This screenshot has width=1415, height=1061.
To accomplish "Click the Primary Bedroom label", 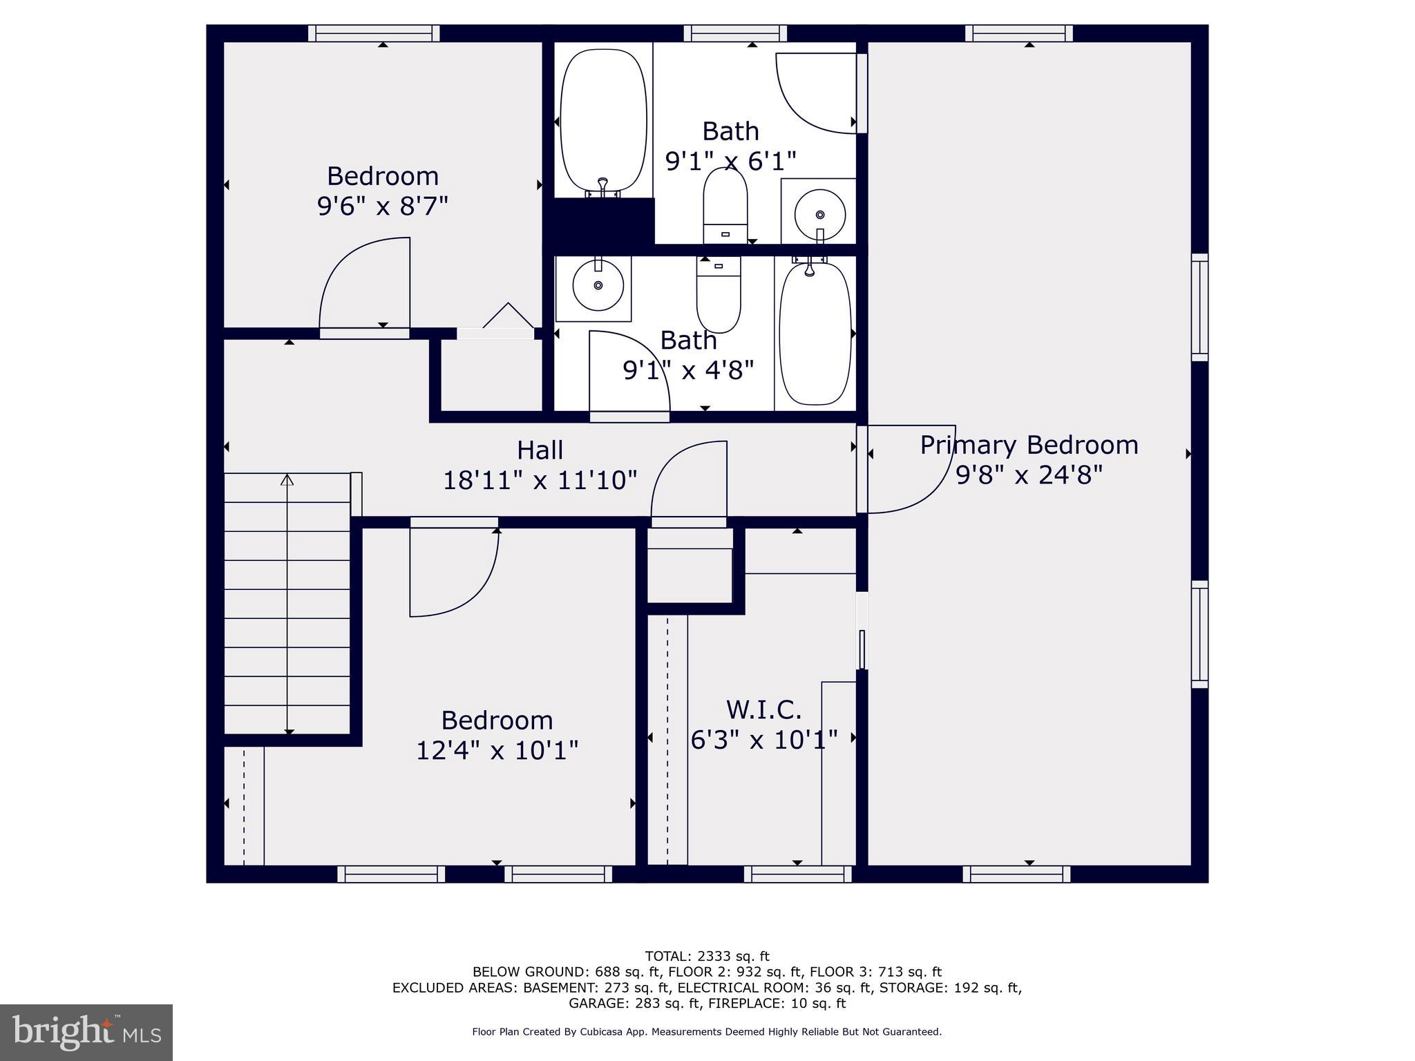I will point(1029,445).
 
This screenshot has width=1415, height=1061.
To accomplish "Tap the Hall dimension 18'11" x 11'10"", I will point(540,480).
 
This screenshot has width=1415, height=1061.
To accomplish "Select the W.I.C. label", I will point(763,709).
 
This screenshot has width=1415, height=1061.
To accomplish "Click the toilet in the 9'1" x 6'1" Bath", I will point(725,205).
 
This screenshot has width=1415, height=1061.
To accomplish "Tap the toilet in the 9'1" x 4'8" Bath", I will point(719,294).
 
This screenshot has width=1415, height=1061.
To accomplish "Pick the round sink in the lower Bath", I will point(598,285).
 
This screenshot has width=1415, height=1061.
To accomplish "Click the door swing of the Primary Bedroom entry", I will point(911,470).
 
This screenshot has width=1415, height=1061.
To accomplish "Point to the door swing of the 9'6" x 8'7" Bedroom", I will point(365,283).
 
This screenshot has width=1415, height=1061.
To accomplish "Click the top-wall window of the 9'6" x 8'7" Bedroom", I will point(374,33).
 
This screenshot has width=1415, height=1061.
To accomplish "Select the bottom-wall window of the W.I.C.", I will point(798,874).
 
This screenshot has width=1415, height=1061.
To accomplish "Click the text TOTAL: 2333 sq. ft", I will point(707,957).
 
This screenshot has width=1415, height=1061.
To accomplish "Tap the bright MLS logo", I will point(86,1033).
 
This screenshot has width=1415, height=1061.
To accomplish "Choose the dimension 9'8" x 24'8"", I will point(1029,475).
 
